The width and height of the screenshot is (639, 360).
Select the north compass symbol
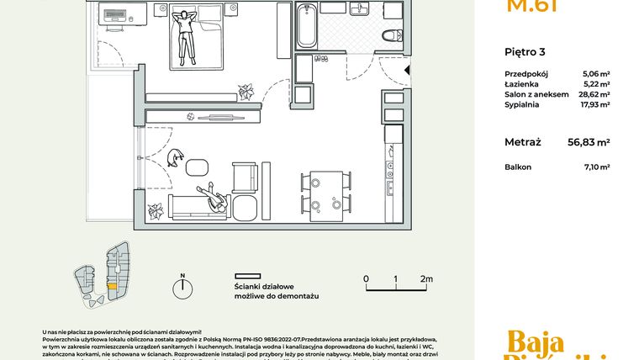(x=182, y=288)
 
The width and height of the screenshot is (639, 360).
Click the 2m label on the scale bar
(x=426, y=278)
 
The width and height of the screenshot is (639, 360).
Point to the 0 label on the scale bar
(x=366, y=278)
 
